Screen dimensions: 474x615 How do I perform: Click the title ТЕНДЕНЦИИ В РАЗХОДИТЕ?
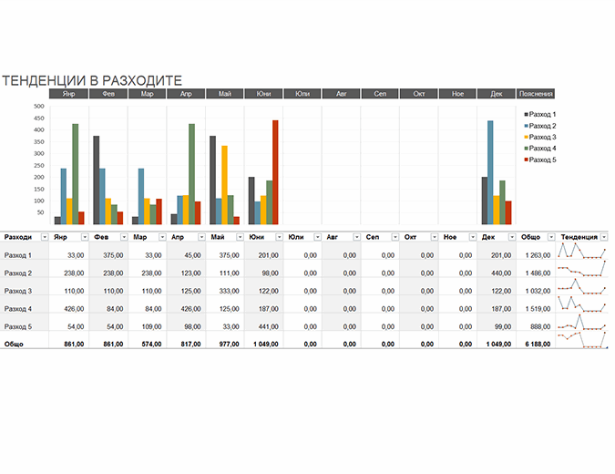click(x=92, y=80)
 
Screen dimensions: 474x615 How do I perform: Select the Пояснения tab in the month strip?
click(x=536, y=94)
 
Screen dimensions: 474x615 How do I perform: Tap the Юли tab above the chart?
click(x=302, y=94)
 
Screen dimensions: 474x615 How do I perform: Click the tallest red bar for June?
click(x=275, y=171)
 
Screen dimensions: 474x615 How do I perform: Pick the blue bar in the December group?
click(x=490, y=172)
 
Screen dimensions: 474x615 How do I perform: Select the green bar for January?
click(x=75, y=173)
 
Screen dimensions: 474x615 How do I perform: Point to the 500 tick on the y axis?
click(x=39, y=106)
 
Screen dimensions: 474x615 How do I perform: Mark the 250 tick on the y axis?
click(x=39, y=165)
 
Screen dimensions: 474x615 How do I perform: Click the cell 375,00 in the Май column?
click(x=228, y=255)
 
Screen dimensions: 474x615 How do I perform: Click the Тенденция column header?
click(x=579, y=237)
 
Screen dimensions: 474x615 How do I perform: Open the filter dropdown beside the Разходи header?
click(x=45, y=237)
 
